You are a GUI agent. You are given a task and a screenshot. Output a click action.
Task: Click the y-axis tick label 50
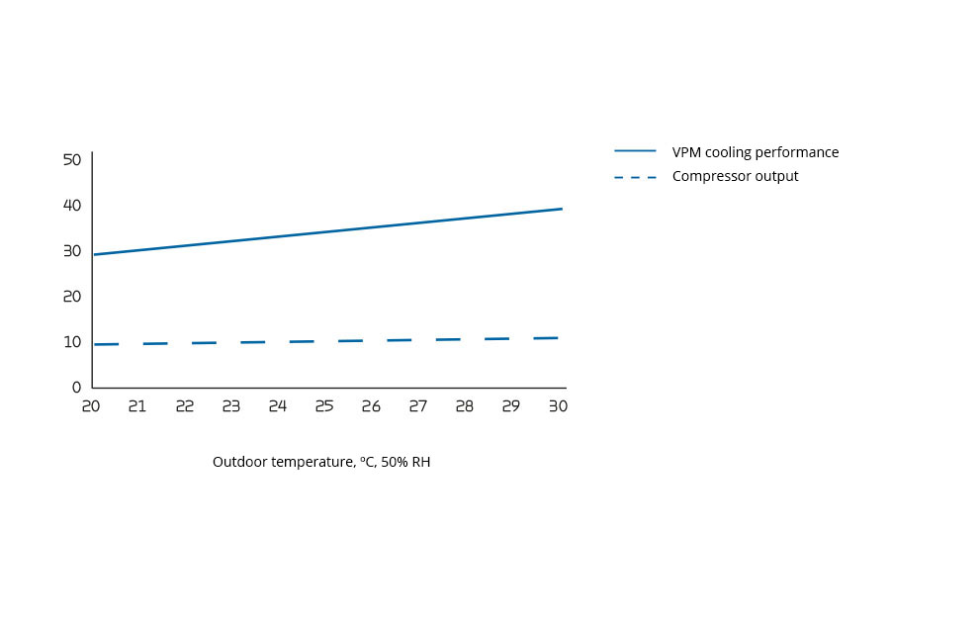pyautogui.click(x=71, y=159)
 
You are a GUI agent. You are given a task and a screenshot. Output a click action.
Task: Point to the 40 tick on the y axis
pyautogui.click(x=71, y=205)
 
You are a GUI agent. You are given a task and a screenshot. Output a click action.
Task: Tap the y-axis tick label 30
pyautogui.click(x=71, y=250)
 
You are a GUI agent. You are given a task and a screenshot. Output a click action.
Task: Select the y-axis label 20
pyautogui.click(x=71, y=296)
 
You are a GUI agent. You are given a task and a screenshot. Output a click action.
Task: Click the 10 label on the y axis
pyautogui.click(x=71, y=341)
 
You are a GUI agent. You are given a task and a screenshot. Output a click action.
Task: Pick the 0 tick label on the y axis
pyautogui.click(x=76, y=387)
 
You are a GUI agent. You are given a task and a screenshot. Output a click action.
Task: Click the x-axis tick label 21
pyautogui.click(x=137, y=406)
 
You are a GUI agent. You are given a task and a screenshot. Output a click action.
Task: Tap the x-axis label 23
pyautogui.click(x=230, y=406)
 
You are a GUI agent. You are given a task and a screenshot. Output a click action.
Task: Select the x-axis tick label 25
pyautogui.click(x=324, y=406)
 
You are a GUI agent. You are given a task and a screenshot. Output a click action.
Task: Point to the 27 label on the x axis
pyautogui.click(x=417, y=406)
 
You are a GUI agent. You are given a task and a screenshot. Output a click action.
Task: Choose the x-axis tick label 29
pyautogui.click(x=510, y=406)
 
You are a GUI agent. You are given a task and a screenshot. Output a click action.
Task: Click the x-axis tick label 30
pyautogui.click(x=558, y=406)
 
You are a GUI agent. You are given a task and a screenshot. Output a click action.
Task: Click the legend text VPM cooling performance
pyautogui.click(x=755, y=152)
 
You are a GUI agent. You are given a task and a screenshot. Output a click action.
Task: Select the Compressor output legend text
pyautogui.click(x=735, y=176)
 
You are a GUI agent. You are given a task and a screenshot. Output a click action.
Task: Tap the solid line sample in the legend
pyautogui.click(x=635, y=151)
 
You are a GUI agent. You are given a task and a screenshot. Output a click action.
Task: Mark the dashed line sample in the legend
pyautogui.click(x=635, y=177)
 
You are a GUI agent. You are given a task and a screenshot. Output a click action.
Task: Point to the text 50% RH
pyautogui.click(x=405, y=462)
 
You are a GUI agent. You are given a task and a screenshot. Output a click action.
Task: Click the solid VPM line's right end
pyautogui.click(x=562, y=209)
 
